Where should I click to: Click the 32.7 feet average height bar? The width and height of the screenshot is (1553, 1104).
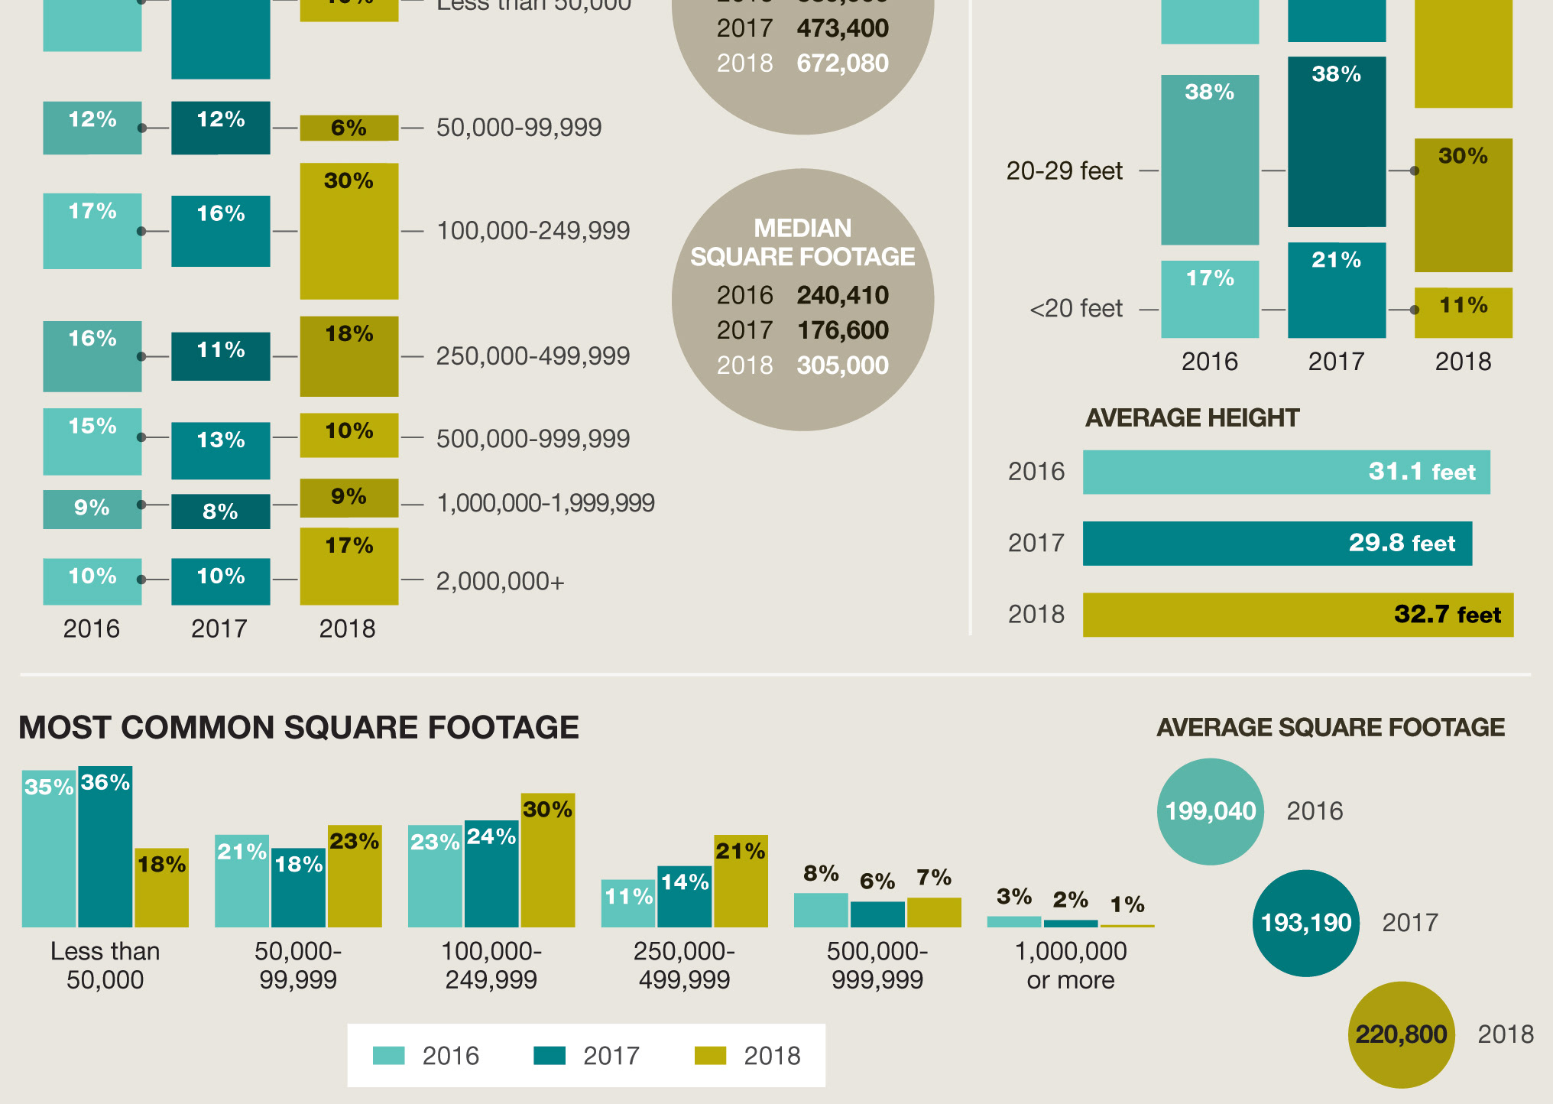[x=1298, y=615]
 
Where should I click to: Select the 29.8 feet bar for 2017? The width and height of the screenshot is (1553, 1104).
[x=1276, y=544]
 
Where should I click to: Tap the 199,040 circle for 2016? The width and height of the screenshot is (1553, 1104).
[x=1211, y=811]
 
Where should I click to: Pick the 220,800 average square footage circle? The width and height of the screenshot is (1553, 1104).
[x=1401, y=1034]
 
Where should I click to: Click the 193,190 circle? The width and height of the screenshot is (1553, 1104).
[x=1305, y=923]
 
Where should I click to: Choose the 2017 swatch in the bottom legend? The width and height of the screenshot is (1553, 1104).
[x=549, y=1056]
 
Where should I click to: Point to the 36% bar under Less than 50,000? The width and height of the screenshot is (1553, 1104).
[x=105, y=847]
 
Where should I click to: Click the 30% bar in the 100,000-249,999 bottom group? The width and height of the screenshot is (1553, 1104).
[x=547, y=860]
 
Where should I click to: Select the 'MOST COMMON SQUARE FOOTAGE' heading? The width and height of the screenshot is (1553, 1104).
[x=298, y=727]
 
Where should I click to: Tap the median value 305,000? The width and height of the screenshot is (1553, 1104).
[x=842, y=365]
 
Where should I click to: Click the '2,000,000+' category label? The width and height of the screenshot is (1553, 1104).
[x=500, y=582]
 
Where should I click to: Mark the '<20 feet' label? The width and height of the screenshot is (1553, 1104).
[x=1076, y=309]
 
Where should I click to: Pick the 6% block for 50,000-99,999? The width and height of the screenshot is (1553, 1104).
[x=349, y=128]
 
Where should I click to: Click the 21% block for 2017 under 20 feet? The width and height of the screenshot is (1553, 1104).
[x=1336, y=291]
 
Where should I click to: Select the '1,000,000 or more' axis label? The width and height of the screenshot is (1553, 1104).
[x=1070, y=966]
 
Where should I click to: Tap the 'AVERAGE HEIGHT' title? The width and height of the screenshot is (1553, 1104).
[x=1192, y=417]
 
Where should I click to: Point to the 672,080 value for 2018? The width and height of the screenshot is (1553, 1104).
[x=842, y=63]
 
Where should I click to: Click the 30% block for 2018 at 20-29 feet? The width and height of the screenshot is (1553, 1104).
[x=1463, y=205]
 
